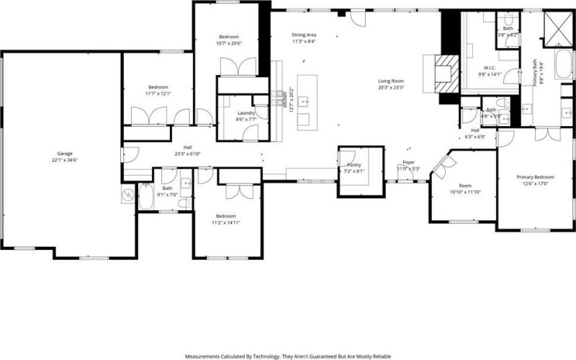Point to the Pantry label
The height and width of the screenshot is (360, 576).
point(354,165)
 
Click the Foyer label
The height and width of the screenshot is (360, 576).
point(408,162)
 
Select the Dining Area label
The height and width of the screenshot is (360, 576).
point(305,35)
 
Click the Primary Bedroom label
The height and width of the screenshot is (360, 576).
point(534,176)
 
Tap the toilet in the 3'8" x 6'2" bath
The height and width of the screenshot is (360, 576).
point(507,19)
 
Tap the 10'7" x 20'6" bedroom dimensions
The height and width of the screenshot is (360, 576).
point(228,44)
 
